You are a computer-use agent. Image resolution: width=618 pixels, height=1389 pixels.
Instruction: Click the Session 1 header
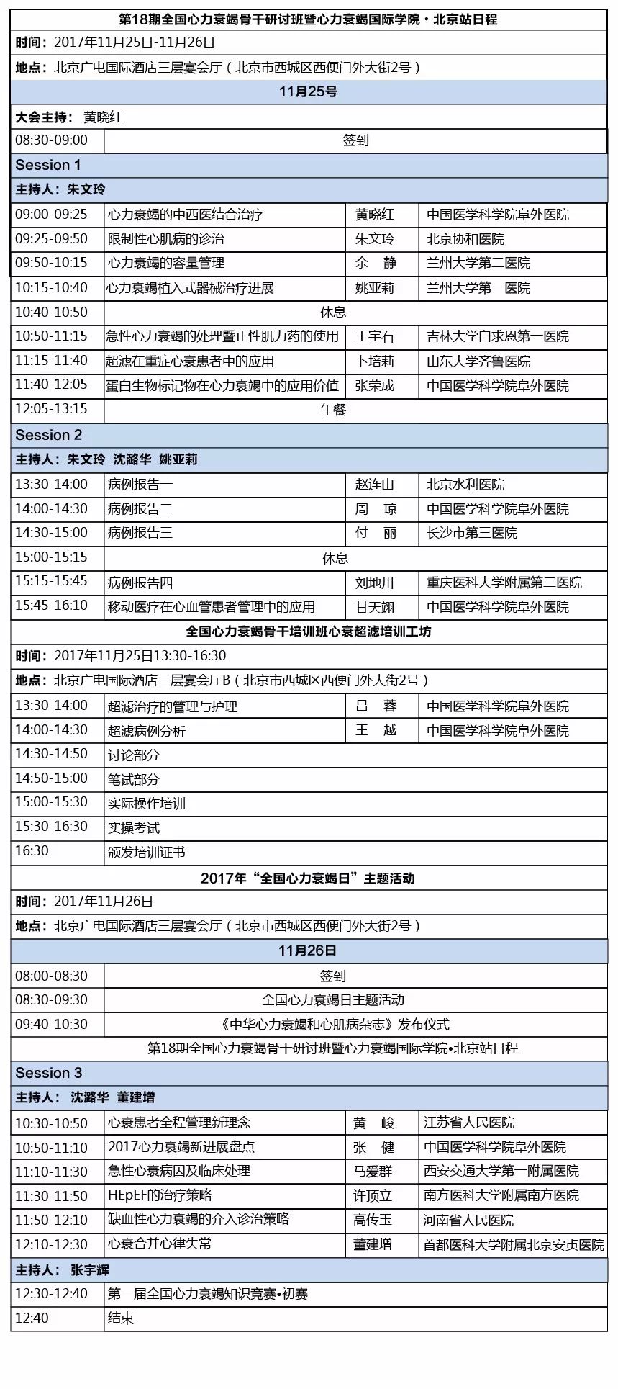pyautogui.click(x=48, y=165)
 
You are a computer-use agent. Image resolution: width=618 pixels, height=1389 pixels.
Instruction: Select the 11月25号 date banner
pyautogui.click(x=308, y=91)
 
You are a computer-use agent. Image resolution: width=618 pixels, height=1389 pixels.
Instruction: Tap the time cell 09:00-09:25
pyautogui.click(x=51, y=214)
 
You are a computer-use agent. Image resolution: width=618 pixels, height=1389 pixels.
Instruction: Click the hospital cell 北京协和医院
pyautogui.click(x=465, y=238)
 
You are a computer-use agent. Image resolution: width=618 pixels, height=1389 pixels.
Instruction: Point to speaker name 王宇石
pyautogui.click(x=374, y=336)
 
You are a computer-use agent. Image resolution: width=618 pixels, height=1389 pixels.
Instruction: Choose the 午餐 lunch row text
pyautogui.click(x=333, y=409)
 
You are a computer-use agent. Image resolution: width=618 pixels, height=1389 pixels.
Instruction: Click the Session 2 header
pyautogui.click(x=49, y=435)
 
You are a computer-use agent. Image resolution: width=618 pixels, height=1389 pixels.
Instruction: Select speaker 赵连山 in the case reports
pyautogui.click(x=374, y=485)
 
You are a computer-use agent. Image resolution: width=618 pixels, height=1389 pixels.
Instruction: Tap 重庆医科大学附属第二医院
pyautogui.click(x=504, y=582)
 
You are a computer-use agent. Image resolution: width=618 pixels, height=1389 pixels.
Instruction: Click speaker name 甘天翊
pyautogui.click(x=374, y=607)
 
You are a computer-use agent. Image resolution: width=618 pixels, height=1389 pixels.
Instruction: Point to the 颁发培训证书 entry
pyautogui.click(x=147, y=852)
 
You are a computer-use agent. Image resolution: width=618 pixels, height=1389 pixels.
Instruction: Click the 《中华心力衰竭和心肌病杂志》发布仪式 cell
pyautogui.click(x=334, y=1024)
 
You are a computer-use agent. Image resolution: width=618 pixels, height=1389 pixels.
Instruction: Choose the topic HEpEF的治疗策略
pyautogui.click(x=160, y=1195)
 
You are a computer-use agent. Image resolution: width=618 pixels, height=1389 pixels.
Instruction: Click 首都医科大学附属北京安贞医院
pyautogui.click(x=513, y=1244)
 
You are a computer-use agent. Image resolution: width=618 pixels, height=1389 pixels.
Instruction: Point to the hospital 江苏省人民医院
pyautogui.click(x=469, y=1123)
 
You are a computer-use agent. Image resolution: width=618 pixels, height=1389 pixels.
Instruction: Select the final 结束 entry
pyautogui.click(x=121, y=1318)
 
